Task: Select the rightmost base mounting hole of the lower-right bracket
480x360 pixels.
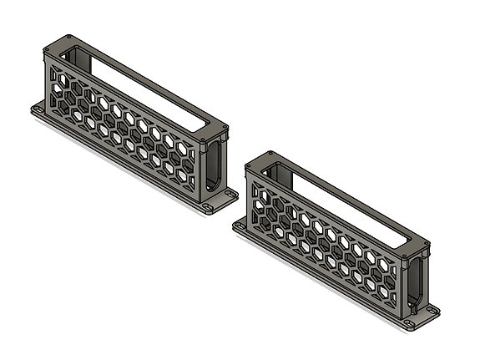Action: (x=432, y=310)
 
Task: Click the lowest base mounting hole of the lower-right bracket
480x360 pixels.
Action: (x=409, y=322)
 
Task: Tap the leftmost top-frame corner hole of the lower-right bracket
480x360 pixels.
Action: (x=250, y=165)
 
